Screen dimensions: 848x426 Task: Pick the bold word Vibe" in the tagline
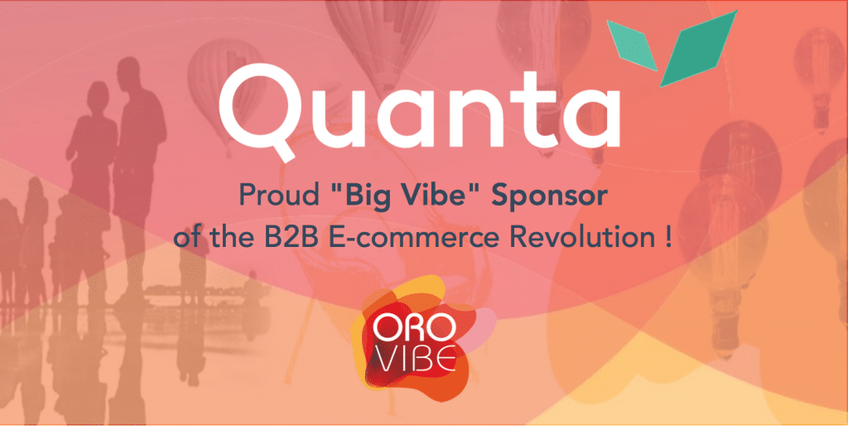point(439,195)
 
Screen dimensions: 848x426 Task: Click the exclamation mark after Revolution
point(668,238)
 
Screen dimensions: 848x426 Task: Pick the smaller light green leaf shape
point(632,46)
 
